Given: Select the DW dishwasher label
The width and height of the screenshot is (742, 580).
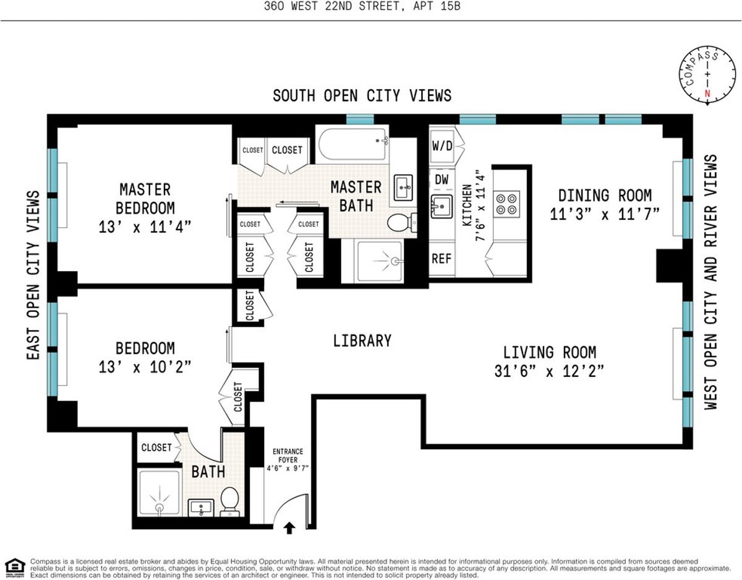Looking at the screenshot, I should (441, 180).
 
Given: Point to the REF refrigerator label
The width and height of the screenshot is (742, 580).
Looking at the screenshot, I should (441, 259).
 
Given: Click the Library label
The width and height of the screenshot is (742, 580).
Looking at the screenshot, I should (362, 340).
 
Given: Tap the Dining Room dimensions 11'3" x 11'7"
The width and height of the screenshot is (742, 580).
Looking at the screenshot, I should (605, 215).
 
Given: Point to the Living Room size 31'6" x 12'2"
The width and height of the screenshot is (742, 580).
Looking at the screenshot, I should (549, 371).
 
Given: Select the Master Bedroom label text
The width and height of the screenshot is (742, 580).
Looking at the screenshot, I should (145, 198).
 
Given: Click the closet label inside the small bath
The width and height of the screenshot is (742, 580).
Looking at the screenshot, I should (156, 448).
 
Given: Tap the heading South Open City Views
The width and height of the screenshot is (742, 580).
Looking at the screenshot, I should (362, 95).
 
